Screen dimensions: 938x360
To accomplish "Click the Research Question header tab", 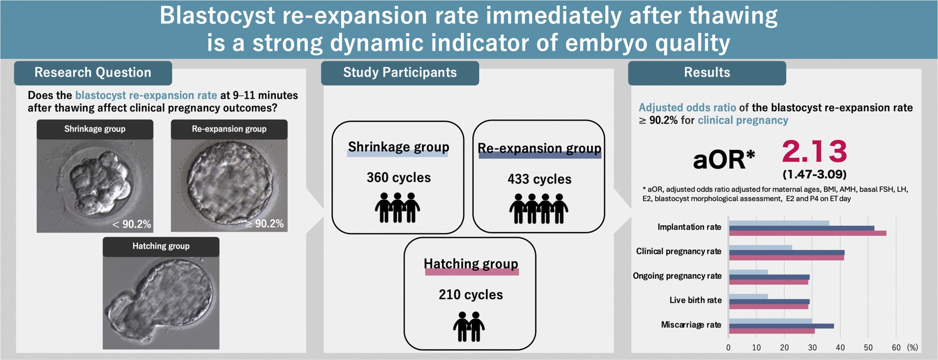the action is (93, 73).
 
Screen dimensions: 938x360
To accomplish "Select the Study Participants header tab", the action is (400, 73).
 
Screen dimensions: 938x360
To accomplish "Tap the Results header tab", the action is (707, 73).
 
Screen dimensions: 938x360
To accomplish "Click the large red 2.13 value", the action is (814, 151).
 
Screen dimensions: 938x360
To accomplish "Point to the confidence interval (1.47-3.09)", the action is (814, 174).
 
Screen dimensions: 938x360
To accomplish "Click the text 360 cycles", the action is (398, 177).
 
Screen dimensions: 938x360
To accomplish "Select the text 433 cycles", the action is (539, 179).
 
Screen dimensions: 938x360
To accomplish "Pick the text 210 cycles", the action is (470, 295).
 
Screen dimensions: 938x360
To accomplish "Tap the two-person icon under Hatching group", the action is (469, 327).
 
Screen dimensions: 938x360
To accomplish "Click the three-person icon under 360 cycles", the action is (397, 208).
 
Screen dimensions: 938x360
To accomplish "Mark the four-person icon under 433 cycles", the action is (538, 209).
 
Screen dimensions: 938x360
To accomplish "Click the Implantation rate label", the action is (689, 227).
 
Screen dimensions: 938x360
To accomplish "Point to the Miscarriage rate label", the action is (691, 325).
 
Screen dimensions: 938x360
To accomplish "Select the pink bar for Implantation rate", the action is (807, 233).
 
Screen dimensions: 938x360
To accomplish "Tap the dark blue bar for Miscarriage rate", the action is (781, 326).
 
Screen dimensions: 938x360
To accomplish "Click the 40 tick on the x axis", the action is (840, 348).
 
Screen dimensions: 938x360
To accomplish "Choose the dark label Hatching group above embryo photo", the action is (161, 246).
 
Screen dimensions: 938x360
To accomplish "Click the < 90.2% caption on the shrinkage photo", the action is (131, 224).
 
